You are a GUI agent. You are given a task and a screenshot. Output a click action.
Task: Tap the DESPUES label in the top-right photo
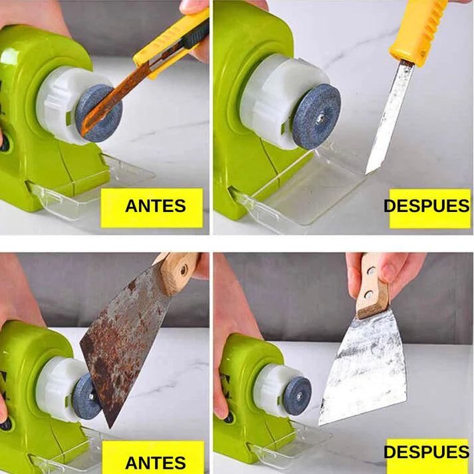pyautogui.click(x=427, y=206)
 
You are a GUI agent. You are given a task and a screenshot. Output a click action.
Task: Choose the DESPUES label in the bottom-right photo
pyautogui.click(x=427, y=453)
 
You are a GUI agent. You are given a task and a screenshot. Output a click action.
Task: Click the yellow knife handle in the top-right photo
pyautogui.click(x=417, y=29)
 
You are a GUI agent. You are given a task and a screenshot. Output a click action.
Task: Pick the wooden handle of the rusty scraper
pyautogui.click(x=176, y=270)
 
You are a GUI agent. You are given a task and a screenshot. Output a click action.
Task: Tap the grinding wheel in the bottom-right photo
pyautogui.click(x=296, y=395)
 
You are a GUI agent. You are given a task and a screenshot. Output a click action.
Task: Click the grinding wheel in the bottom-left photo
pyautogui.click(x=85, y=396)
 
